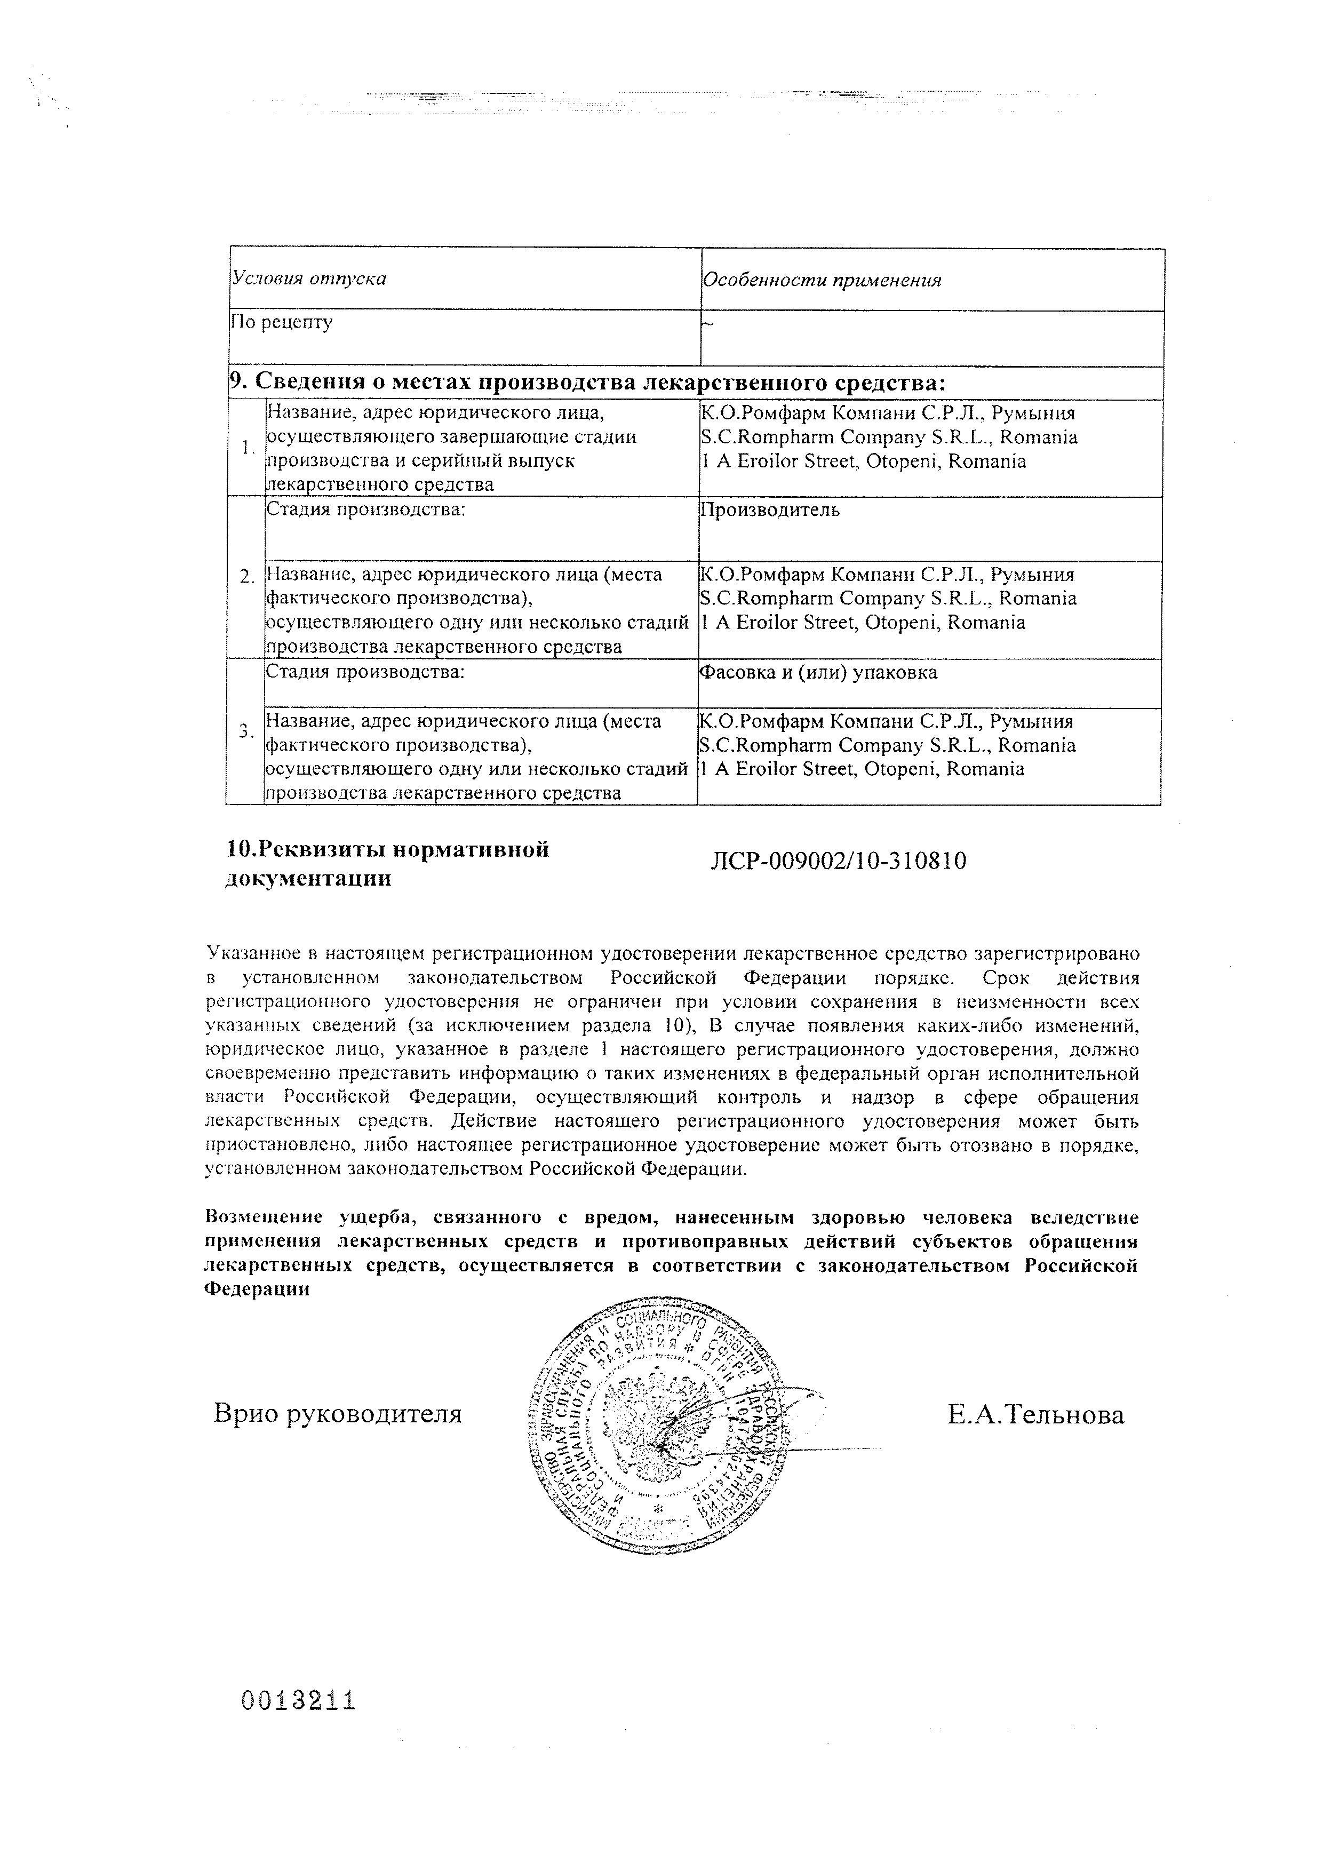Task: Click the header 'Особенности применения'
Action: (821, 280)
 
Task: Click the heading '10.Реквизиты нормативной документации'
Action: (387, 864)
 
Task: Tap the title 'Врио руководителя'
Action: (337, 1413)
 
